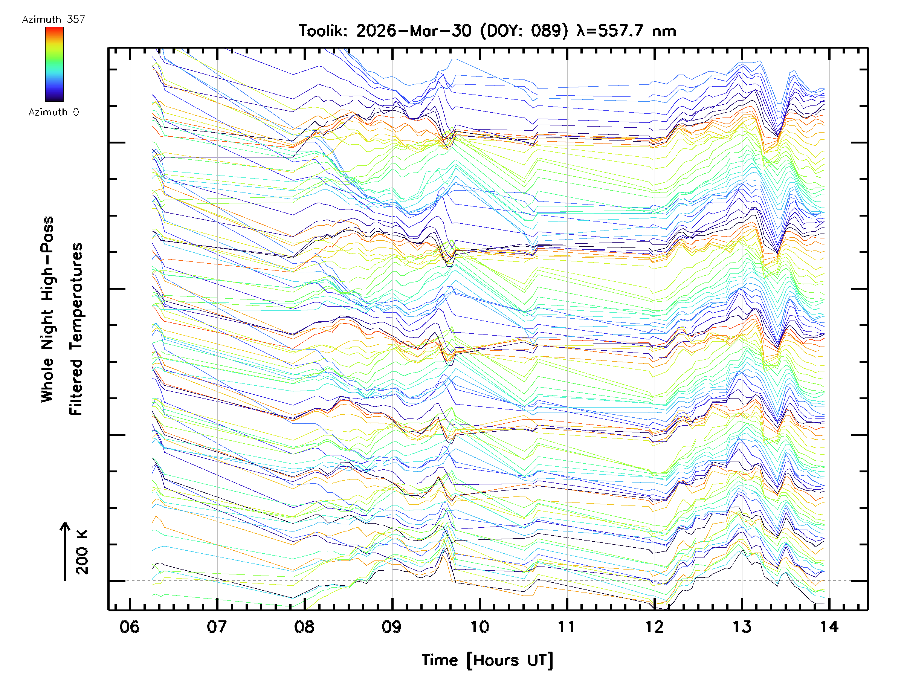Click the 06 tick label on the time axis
point(129,626)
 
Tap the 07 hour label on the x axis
point(217,626)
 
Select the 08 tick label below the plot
point(304,626)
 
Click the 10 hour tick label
point(479,626)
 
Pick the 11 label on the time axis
point(567,626)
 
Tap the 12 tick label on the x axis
point(654,626)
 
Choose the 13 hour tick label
point(742,626)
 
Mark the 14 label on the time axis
point(829,626)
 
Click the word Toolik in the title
point(323,31)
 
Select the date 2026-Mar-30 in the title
point(414,31)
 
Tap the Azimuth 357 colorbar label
point(53,20)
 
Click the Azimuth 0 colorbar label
point(53,112)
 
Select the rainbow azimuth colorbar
point(54,64)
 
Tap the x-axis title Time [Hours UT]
point(487,660)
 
